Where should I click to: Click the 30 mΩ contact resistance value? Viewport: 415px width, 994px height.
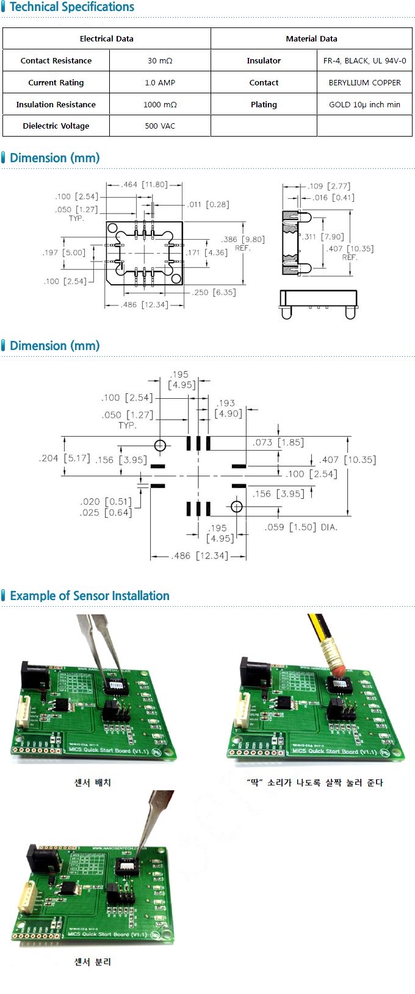tap(160, 60)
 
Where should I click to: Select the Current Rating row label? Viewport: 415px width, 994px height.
tap(56, 82)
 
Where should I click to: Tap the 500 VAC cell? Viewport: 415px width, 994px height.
tap(160, 126)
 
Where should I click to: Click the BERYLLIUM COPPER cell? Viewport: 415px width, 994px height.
tap(364, 82)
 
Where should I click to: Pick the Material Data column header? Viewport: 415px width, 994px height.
tap(311, 38)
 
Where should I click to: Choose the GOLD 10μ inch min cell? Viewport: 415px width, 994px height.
tap(364, 104)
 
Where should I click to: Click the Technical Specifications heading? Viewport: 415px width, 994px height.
tap(72, 7)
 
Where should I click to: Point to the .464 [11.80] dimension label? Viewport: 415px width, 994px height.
tap(144, 184)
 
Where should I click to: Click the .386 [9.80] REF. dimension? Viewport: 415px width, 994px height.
tap(243, 243)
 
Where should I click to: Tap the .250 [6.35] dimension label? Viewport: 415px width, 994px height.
tap(214, 292)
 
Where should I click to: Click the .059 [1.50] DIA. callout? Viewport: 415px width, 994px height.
tap(301, 527)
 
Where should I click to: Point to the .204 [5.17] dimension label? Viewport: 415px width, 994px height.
tap(64, 458)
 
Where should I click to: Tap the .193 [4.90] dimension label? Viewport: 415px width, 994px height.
tap(229, 408)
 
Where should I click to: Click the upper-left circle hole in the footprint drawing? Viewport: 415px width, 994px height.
tap(160, 446)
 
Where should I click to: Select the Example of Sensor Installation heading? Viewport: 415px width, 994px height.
tap(90, 596)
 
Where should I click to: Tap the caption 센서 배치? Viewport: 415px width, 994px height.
tap(93, 782)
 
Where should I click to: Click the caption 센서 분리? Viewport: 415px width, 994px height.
tap(93, 962)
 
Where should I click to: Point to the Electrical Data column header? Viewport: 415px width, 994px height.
tap(106, 38)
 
